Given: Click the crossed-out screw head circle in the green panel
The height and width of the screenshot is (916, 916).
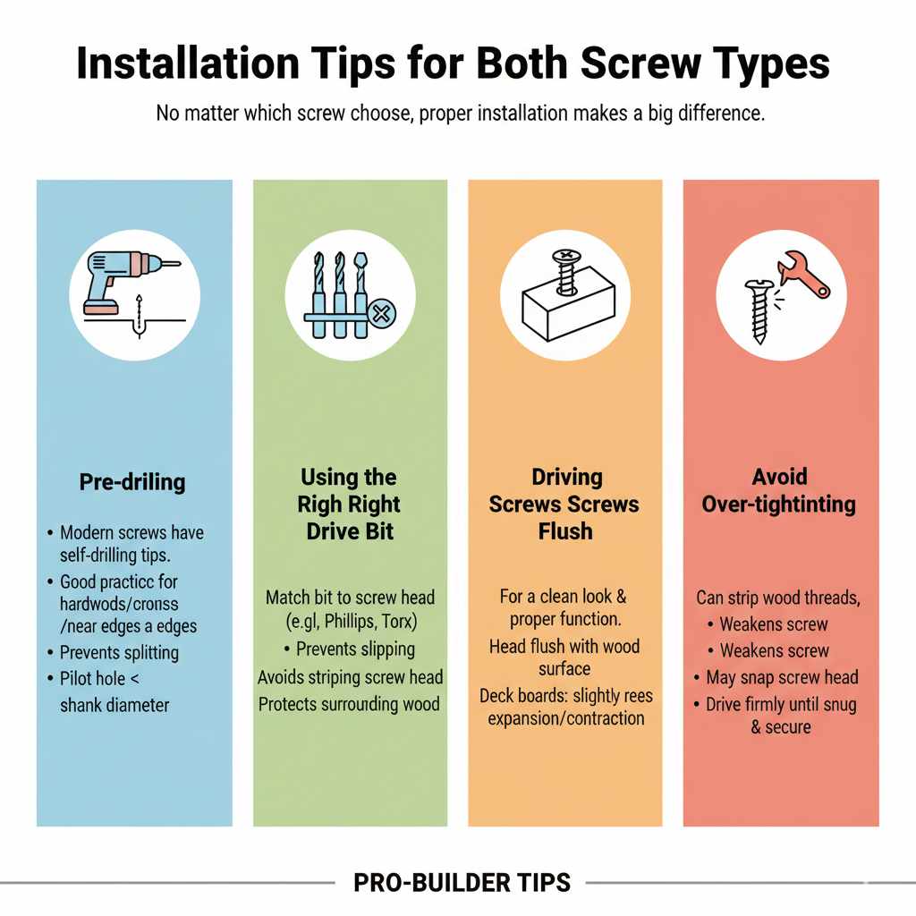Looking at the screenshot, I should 382,314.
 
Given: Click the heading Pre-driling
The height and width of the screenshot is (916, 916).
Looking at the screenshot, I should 132,482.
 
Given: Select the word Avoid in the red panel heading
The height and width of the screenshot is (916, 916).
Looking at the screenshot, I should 778,477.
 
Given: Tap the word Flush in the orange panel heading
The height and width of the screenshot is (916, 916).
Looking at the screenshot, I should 564,530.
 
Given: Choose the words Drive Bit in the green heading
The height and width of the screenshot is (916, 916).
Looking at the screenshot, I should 349,530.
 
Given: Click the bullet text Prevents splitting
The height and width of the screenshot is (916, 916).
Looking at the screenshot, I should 119,652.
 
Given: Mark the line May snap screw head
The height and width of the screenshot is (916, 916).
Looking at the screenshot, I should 782,677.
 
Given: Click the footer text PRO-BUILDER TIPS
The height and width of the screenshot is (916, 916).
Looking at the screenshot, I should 462,883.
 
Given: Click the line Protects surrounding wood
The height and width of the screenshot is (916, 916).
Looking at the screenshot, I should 349,704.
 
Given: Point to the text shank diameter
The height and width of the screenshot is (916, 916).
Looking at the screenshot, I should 114,705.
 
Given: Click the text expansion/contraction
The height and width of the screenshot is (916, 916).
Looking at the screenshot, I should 565,718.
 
